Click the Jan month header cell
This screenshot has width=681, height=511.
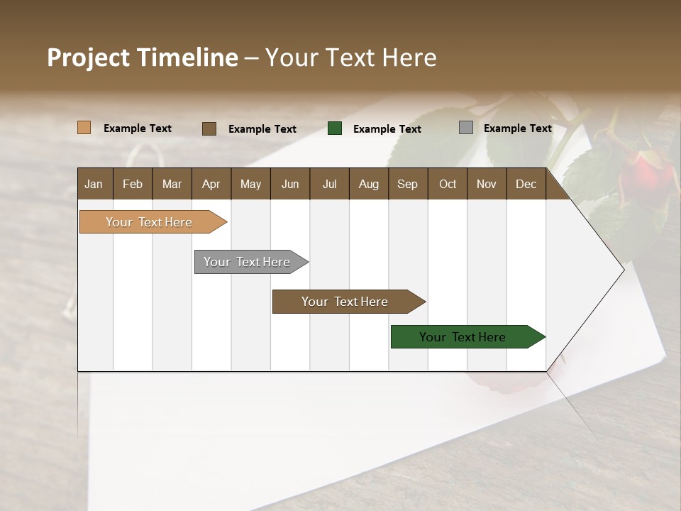point(94,184)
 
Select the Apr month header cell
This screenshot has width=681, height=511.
point(211,184)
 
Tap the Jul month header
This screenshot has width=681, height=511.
point(329,184)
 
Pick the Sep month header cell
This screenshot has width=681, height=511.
point(407,184)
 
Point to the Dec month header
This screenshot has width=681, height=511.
point(526,184)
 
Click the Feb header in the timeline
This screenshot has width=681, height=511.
point(133,184)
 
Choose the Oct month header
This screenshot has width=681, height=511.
point(448,184)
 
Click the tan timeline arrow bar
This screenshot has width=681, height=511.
point(150,222)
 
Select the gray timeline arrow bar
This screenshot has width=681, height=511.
point(248,262)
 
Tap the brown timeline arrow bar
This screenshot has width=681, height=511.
point(345,302)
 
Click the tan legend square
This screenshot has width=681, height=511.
point(84,128)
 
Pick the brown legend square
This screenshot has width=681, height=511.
point(209,128)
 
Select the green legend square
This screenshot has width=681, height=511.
point(335,128)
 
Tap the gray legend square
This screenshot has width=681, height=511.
point(466,128)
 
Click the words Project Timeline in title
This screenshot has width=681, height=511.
point(143,57)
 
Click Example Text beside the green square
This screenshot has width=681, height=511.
point(387,129)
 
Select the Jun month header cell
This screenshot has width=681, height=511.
point(290,184)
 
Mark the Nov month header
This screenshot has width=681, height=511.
point(487,184)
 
